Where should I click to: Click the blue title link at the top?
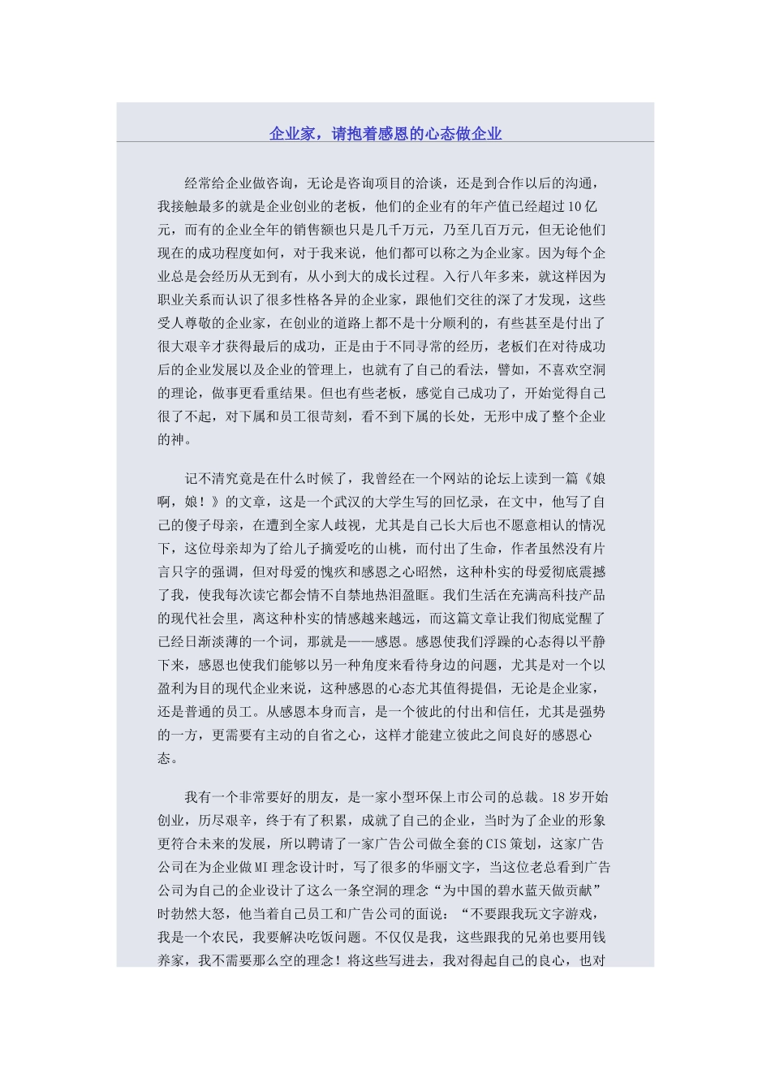click(385, 134)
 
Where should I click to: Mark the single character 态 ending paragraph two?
click(165, 758)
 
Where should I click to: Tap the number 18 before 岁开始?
click(557, 796)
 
